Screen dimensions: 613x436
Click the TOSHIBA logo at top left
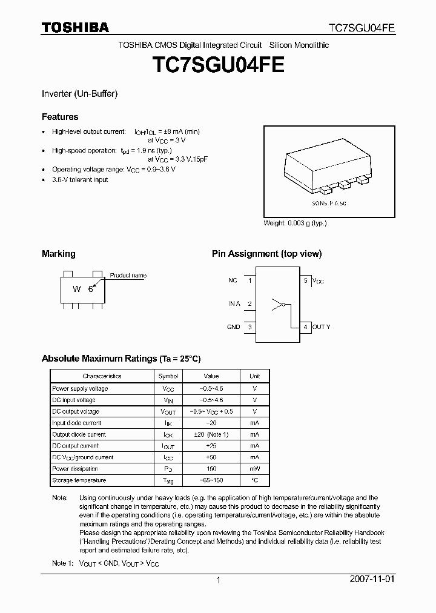pyautogui.click(x=75, y=27)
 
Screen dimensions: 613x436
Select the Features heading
pyautogui.click(x=60, y=117)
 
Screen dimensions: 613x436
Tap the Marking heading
pyautogui.click(x=58, y=254)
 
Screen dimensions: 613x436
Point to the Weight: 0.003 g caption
pyautogui.click(x=295, y=223)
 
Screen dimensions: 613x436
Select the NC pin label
pyautogui.click(x=233, y=281)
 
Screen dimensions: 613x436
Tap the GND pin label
pyautogui.click(x=233, y=327)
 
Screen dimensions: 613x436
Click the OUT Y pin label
pyautogui.click(x=322, y=327)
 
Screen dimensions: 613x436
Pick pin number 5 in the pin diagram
pyautogui.click(x=306, y=281)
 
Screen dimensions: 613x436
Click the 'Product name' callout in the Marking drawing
pyautogui.click(x=128, y=276)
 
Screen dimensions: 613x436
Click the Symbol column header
pyautogui.click(x=168, y=376)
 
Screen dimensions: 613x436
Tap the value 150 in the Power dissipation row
pyautogui.click(x=211, y=469)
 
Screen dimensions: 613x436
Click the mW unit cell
pyautogui.click(x=254, y=469)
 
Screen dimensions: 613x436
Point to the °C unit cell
pyautogui.click(x=254, y=480)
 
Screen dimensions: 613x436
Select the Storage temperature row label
pyautogui.click(x=79, y=480)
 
